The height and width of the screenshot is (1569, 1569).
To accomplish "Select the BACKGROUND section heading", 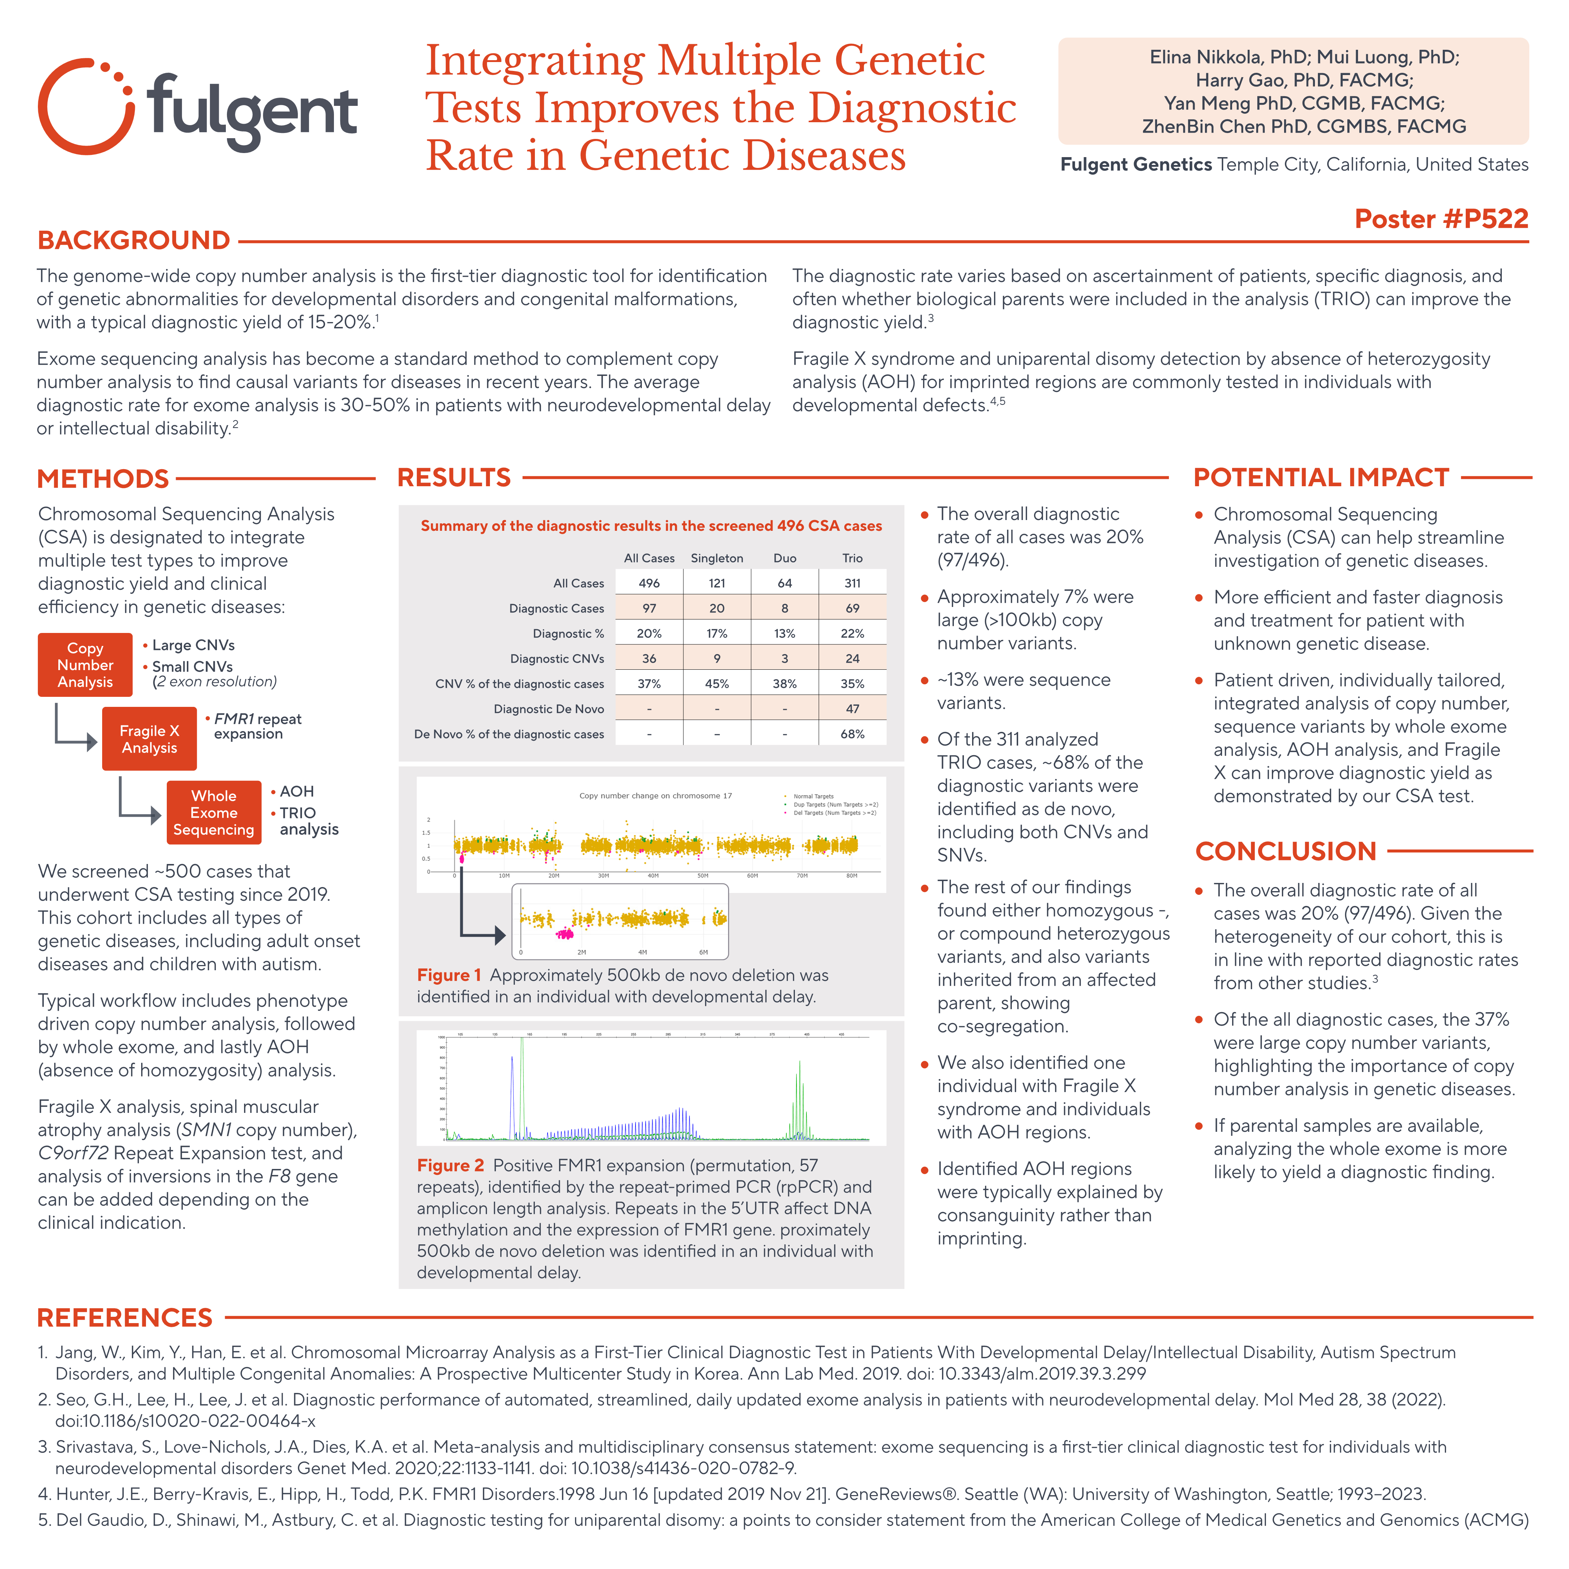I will pyautogui.click(x=134, y=240).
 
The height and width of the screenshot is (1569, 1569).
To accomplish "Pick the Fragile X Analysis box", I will pyautogui.click(x=149, y=739).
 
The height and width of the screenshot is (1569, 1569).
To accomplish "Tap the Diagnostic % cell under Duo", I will pyautogui.click(x=784, y=633).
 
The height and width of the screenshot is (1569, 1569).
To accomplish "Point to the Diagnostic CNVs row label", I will pyautogui.click(x=557, y=659).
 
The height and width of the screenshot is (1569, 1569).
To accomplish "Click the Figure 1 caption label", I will pyautogui.click(x=449, y=975).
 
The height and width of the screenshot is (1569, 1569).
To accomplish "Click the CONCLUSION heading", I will pyautogui.click(x=1286, y=851).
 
